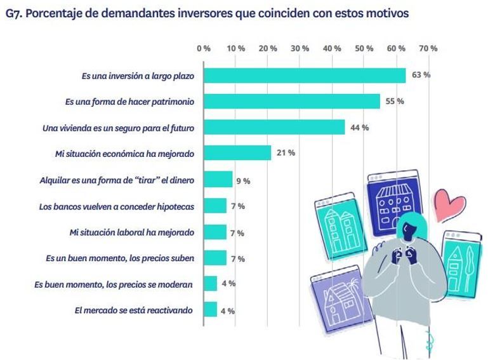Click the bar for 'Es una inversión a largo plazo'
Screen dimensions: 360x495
point(305,75)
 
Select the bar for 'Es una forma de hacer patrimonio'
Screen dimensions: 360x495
point(292,102)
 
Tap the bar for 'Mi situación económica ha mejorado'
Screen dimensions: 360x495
point(237,154)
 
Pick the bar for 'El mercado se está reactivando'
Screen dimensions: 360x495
point(211,310)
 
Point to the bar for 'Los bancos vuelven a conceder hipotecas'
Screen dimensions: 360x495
point(215,206)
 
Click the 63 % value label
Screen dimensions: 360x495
point(421,75)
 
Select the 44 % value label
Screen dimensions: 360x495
point(359,128)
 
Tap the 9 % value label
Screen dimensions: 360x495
point(243,181)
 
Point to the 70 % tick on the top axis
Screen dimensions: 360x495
point(428,48)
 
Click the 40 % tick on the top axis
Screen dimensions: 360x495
point(332,48)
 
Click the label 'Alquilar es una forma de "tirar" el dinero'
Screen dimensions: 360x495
point(117,180)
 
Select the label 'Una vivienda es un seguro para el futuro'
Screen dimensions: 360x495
point(118,128)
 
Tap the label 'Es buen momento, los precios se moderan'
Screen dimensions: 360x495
point(114,284)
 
